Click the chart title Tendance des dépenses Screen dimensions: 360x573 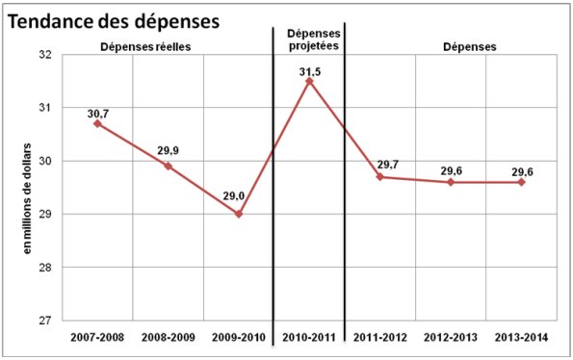(114, 20)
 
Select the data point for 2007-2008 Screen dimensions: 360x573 (97, 123)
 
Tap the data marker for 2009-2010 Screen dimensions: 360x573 (239, 214)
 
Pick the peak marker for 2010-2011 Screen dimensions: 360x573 (309, 81)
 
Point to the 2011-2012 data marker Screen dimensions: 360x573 (380, 177)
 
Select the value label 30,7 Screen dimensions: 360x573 (98, 113)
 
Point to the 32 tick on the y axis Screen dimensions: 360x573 (45, 55)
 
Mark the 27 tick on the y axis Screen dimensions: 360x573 (45, 320)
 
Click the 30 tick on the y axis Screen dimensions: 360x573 (45, 161)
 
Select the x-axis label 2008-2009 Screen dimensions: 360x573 (168, 338)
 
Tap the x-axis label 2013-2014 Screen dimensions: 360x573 (521, 338)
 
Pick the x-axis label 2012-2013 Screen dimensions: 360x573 (451, 338)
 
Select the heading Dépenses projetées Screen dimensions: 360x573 (308, 39)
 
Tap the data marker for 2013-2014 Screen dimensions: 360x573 (521, 182)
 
